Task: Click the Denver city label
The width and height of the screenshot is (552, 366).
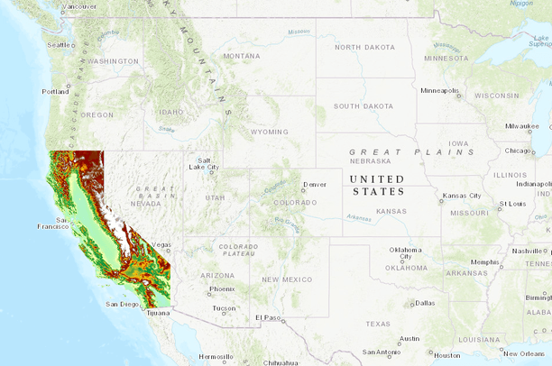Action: click(315, 184)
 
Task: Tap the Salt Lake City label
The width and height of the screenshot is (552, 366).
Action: click(203, 163)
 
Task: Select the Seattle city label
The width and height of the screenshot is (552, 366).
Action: click(60, 44)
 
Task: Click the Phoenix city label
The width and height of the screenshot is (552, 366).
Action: click(222, 289)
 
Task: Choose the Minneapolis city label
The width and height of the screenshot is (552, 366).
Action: click(440, 90)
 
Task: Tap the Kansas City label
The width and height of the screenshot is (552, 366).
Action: click(461, 196)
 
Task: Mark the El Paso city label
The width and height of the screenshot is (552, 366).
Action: click(268, 317)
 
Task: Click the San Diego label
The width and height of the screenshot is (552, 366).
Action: click(122, 304)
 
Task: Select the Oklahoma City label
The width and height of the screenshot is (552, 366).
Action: click(405, 252)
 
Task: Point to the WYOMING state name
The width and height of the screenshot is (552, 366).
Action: click(269, 132)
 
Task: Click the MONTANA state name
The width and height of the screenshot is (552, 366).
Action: click(241, 56)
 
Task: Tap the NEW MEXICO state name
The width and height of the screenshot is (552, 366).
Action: click(288, 279)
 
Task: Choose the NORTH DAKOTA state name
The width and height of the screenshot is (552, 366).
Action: click(364, 47)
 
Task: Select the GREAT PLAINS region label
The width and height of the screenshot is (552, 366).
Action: click(411, 152)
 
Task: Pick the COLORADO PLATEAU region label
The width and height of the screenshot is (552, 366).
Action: click(238, 251)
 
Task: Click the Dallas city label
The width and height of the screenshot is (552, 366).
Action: click(424, 303)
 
